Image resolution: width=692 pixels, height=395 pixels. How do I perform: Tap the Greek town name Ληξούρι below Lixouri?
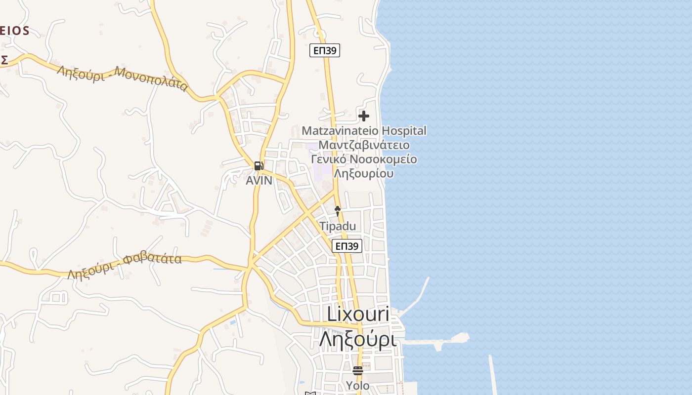pos(358,340)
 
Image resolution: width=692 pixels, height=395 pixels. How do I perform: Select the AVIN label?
pos(259,181)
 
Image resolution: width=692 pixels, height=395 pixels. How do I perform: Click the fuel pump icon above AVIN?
pos(259,166)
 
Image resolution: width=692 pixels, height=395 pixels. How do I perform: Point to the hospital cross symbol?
pos(364,116)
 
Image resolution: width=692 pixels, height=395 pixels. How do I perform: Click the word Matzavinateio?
pos(340,131)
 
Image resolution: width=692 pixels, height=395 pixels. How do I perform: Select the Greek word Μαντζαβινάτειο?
pos(364,145)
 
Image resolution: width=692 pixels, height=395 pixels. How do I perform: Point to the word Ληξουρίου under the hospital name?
pos(364,174)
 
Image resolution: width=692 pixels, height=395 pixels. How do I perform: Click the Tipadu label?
pos(338,226)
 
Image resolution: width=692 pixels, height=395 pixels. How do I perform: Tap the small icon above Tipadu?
pos(338,211)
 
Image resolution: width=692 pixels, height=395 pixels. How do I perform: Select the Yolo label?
pos(357,386)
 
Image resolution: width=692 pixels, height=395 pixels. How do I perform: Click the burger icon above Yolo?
pos(357,370)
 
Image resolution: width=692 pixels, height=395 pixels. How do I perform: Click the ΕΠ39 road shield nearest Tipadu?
pos(347,246)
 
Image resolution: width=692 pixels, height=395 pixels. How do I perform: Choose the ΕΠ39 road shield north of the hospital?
pos(325,50)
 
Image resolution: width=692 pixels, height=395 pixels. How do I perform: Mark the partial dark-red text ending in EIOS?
pos(14,31)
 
